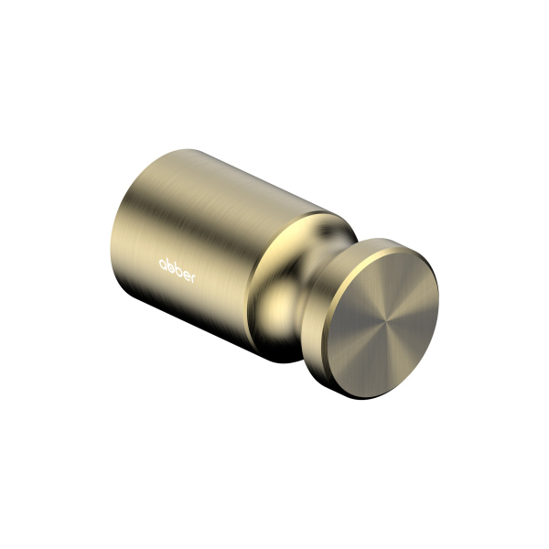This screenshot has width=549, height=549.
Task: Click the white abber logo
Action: coord(177,265)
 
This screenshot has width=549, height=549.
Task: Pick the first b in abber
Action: coord(170,263)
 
